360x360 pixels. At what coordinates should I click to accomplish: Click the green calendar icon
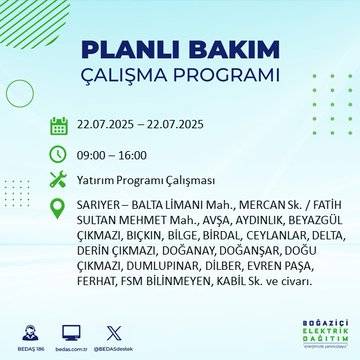[x=59, y=126]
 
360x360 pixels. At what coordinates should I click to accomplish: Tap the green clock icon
[x=59, y=154]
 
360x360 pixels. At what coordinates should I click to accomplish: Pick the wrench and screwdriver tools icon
[x=59, y=181]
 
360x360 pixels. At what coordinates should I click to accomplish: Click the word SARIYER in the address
[x=101, y=207]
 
